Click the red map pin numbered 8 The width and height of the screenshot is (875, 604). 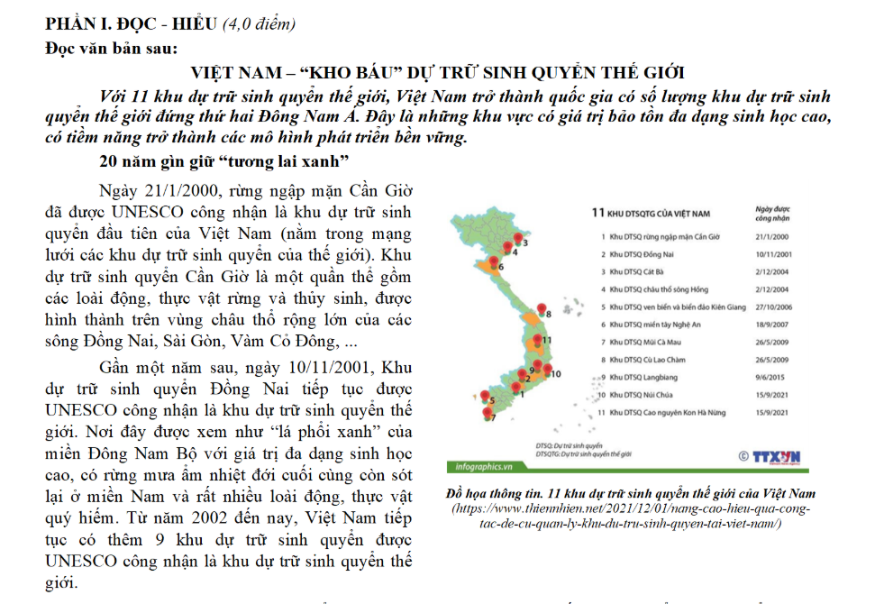[541, 310]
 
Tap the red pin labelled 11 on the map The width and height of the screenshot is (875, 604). [538, 340]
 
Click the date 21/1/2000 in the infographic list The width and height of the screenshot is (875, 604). [770, 237]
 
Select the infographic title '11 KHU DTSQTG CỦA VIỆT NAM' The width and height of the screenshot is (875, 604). [650, 214]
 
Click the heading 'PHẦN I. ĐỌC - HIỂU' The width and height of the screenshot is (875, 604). [132, 23]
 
